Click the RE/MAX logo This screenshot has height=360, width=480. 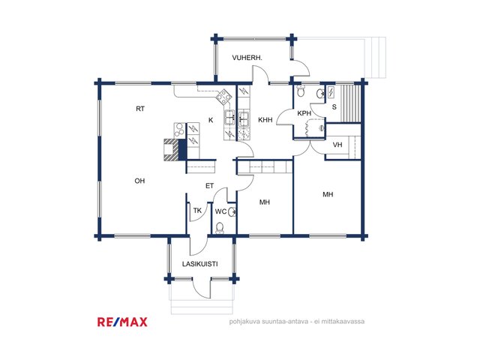[x=122, y=322]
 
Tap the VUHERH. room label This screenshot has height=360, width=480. [x=247, y=58]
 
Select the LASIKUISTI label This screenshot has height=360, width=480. [x=200, y=264]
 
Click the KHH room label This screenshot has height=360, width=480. [x=265, y=120]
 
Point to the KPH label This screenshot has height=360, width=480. [x=304, y=113]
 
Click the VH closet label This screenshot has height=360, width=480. [x=337, y=145]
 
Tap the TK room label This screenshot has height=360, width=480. [x=197, y=211]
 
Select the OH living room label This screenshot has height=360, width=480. [x=139, y=181]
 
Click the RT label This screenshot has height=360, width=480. [x=140, y=109]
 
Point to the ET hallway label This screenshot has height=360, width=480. [x=209, y=186]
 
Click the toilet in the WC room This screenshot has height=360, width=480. [x=220, y=228]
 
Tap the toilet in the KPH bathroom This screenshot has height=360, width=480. [x=301, y=91]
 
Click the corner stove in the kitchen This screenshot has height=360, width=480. [x=223, y=97]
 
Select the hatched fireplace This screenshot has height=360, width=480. [x=172, y=150]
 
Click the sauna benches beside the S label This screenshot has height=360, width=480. [x=350, y=103]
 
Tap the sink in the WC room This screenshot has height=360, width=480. [x=232, y=211]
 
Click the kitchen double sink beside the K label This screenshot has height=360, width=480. [x=230, y=118]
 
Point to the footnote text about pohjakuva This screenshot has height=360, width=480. [x=297, y=322]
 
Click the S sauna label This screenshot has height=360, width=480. [x=334, y=107]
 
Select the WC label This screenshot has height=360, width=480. [x=220, y=211]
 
